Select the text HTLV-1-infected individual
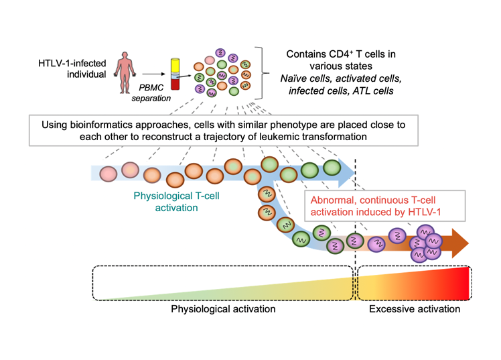click(72, 68)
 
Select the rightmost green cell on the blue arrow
click(332, 168)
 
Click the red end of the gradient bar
click(462, 283)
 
